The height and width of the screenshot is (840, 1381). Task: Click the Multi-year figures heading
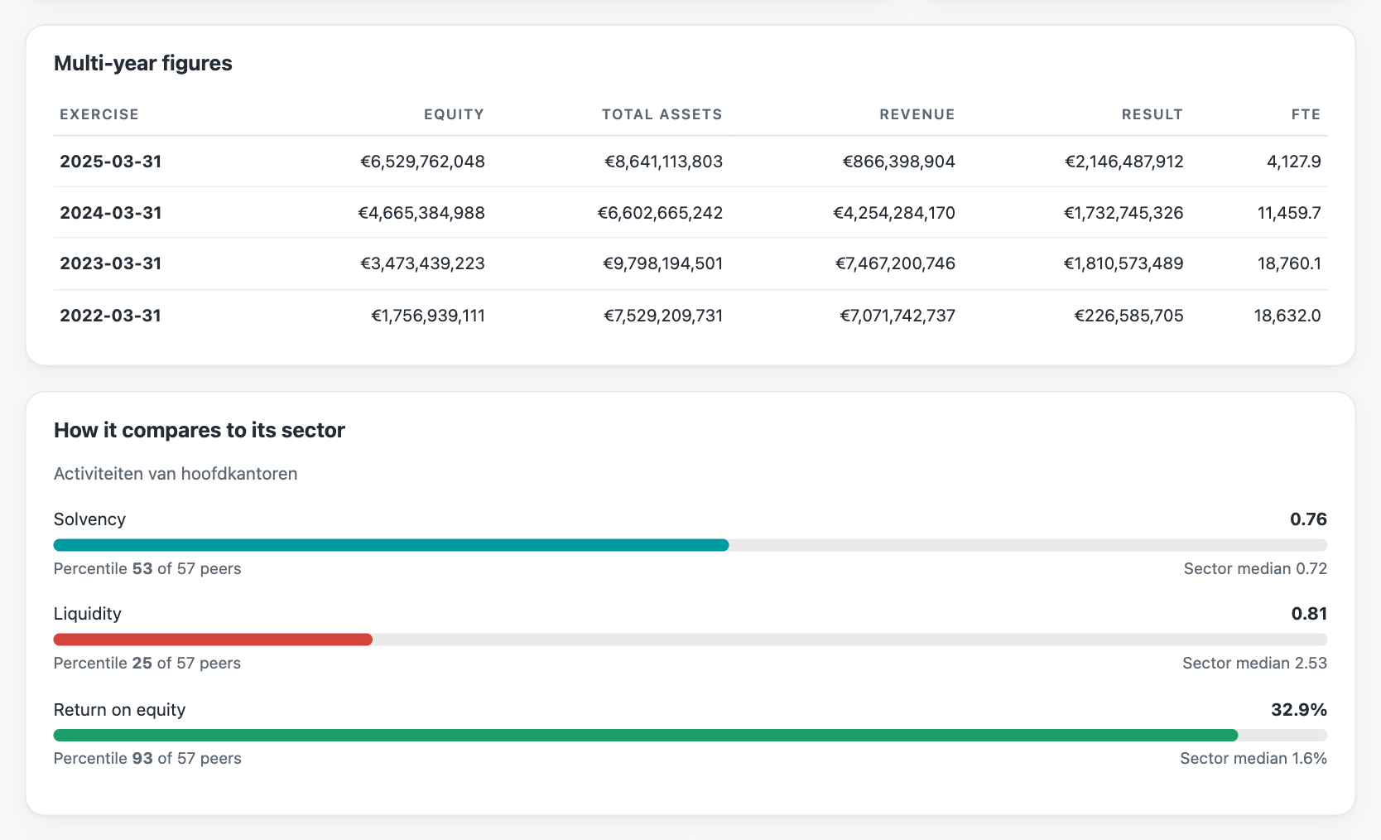(x=143, y=63)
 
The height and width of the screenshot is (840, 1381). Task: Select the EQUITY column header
(x=454, y=114)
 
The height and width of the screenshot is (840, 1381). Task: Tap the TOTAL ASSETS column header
(x=662, y=114)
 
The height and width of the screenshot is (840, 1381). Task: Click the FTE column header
(x=1306, y=114)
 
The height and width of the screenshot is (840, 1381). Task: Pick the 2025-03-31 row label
(x=110, y=162)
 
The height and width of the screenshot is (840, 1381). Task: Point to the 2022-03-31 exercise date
(x=110, y=316)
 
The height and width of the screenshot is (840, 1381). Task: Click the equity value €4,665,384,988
(x=421, y=213)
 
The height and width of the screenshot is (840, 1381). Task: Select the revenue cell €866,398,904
(x=899, y=162)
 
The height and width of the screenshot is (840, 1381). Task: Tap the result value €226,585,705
(x=1128, y=316)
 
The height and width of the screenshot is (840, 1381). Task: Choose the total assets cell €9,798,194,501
(x=662, y=264)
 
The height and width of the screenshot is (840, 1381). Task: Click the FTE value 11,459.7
(x=1289, y=213)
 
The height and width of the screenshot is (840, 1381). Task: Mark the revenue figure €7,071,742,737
(x=897, y=316)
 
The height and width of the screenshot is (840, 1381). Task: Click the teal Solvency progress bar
(x=392, y=545)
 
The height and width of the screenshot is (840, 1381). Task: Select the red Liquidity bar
(x=214, y=640)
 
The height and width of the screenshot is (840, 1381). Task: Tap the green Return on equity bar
(x=646, y=735)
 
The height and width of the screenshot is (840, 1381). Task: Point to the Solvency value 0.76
(x=1308, y=519)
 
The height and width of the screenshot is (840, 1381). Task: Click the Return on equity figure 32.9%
(x=1299, y=710)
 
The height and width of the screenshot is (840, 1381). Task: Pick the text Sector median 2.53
(x=1254, y=663)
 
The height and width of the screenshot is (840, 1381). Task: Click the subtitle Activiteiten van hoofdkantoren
(x=176, y=474)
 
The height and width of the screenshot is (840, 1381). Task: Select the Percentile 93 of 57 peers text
(x=147, y=758)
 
